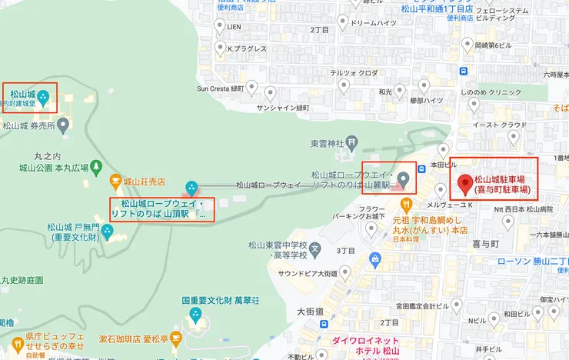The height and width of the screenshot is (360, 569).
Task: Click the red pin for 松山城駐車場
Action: click(464, 184)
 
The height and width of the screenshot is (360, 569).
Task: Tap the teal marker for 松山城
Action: click(43, 97)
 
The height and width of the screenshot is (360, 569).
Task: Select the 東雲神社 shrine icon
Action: click(351, 142)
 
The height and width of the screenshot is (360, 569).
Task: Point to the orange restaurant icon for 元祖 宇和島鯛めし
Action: click(405, 205)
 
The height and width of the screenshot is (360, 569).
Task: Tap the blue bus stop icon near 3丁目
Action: click(375, 259)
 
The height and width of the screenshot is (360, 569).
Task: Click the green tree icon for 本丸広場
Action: click(95, 166)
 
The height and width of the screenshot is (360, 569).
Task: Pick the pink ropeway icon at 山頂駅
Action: click(191, 187)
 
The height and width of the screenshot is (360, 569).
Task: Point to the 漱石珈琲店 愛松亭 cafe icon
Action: click(175, 338)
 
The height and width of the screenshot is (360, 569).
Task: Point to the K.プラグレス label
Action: click(246, 49)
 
